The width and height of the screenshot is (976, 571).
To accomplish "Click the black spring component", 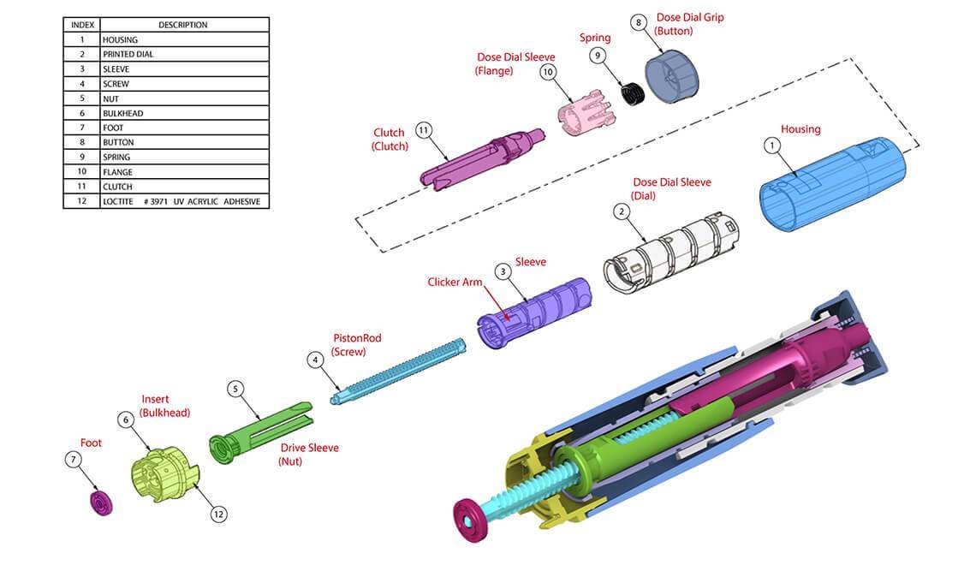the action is point(633,94).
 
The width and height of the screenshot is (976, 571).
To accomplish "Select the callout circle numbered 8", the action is point(638,22).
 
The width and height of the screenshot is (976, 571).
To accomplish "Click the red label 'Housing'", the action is point(800,129).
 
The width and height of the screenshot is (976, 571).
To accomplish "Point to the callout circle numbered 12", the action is point(218,514).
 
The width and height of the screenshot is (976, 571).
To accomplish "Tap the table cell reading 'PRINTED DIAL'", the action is point(184,54).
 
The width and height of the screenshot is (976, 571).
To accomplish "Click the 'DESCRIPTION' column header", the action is point(184,25).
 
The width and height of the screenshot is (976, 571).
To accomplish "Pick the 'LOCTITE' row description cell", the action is point(184,201).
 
